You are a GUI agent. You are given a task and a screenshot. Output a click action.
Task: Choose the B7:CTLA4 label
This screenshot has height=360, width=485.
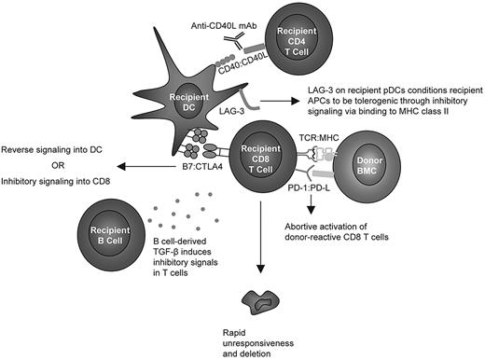click(187, 171)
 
